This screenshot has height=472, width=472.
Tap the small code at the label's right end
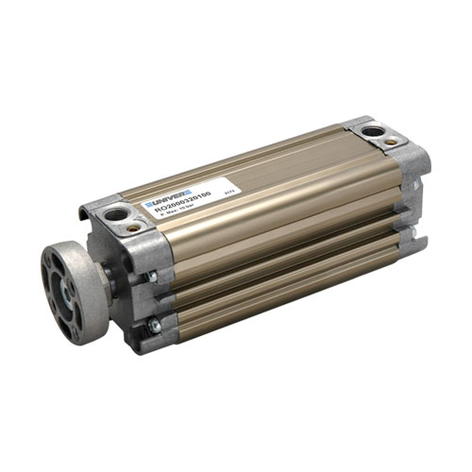(228, 190)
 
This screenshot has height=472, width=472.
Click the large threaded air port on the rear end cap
(374, 131)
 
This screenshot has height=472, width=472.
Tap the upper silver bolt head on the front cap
(152, 278)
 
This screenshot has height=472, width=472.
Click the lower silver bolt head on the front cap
(155, 327)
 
